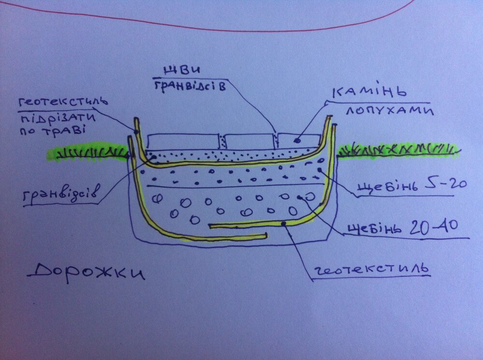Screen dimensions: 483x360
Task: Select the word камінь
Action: [x=369, y=91]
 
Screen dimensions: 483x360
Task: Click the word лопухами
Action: [x=390, y=110]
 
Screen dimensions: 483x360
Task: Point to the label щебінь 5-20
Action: [x=412, y=185]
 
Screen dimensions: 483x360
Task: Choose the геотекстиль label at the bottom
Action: [x=371, y=269]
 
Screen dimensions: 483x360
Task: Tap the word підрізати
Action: [x=57, y=118]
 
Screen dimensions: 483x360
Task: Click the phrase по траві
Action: [x=52, y=131]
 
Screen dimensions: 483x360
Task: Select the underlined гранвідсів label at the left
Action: [x=62, y=194]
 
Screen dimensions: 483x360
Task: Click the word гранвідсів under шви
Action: [x=190, y=86]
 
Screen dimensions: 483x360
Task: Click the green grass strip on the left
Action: [x=88, y=152]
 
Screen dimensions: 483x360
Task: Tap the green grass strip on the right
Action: [x=399, y=150]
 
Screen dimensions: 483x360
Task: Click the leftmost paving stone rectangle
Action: [x=184, y=141]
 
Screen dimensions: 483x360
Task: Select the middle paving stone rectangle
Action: [x=250, y=141]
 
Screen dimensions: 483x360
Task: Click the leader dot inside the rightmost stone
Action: [x=297, y=141]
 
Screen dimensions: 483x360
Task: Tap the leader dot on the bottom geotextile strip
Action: [x=284, y=224]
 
